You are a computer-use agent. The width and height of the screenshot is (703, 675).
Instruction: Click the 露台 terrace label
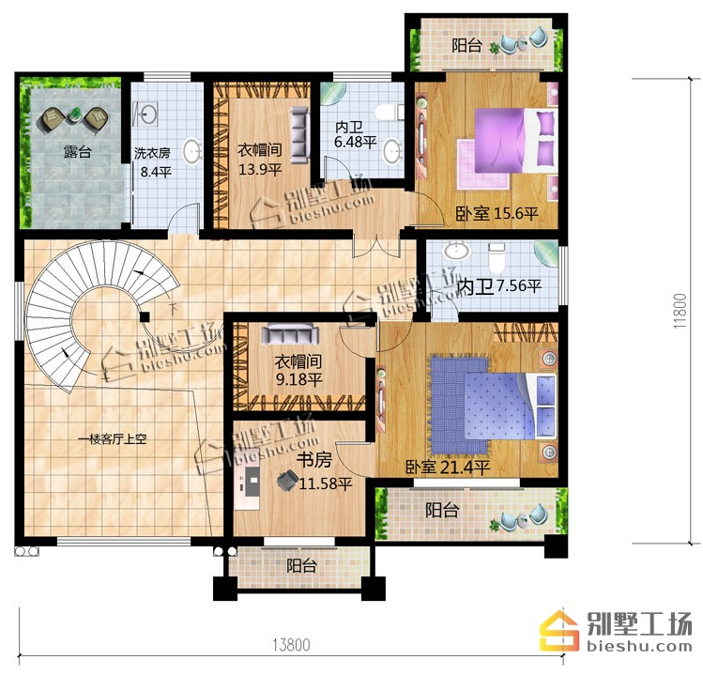[78, 152]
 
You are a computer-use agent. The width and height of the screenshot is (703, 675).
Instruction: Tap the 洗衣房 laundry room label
[152, 153]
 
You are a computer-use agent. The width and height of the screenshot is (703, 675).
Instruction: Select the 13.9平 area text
[260, 170]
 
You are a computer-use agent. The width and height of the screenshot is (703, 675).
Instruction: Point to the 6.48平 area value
[355, 142]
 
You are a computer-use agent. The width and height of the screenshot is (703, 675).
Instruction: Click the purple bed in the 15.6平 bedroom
[515, 140]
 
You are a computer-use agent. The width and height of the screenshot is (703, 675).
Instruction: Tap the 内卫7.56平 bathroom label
[499, 286]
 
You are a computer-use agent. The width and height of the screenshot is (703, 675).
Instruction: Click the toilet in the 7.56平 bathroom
[497, 257]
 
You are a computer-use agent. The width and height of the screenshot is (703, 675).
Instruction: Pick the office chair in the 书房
[287, 481]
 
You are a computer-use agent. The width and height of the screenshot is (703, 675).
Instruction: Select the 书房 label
[314, 459]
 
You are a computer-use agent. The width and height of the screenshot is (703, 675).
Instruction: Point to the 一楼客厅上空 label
[112, 439]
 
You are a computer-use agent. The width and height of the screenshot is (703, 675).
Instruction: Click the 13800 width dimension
[291, 645]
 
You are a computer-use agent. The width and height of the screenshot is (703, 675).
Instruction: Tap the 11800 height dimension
[680, 311]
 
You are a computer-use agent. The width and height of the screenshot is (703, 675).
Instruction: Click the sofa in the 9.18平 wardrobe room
[291, 334]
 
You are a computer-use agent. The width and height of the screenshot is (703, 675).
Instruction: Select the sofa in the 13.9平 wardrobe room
[299, 134]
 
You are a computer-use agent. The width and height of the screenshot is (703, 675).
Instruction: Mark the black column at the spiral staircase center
[144, 317]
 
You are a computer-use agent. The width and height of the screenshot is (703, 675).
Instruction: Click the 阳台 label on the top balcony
[466, 45]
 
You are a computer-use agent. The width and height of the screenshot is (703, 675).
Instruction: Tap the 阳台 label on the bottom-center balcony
[301, 566]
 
